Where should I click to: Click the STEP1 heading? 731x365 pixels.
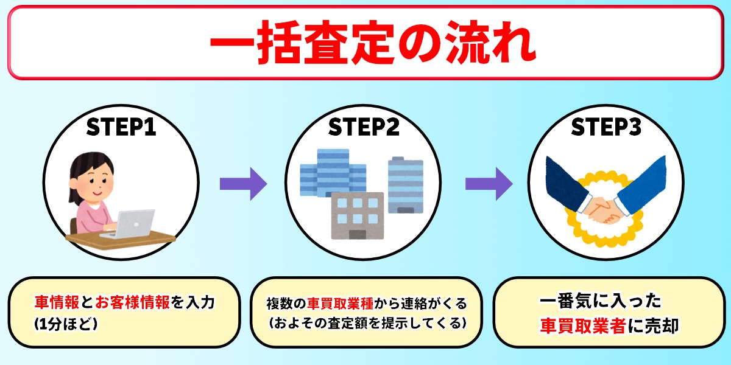pos(121,127)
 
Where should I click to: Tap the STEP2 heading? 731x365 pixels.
pos(364,127)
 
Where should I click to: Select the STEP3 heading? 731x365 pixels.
pos(606,127)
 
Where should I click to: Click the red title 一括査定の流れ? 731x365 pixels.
pos(373,43)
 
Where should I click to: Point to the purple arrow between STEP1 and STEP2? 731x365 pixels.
pos(244,184)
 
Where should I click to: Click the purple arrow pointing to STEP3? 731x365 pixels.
pos(489,184)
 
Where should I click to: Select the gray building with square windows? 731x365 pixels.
pos(358,216)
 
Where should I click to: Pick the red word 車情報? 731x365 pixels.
pos(57,302)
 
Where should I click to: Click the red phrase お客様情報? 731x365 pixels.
pos(133,302)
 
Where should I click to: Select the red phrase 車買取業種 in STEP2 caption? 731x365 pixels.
pos(341,304)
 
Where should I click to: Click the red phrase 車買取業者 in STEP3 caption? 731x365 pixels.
pos(583,325)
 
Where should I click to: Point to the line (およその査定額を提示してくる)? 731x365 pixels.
pos(367,323)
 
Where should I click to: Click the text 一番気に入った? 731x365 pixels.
pos(601,301)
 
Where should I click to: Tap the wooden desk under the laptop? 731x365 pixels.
pos(121,240)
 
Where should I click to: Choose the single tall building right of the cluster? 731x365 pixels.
pos(406,185)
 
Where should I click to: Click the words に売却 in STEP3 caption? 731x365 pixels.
pos(653,325)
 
